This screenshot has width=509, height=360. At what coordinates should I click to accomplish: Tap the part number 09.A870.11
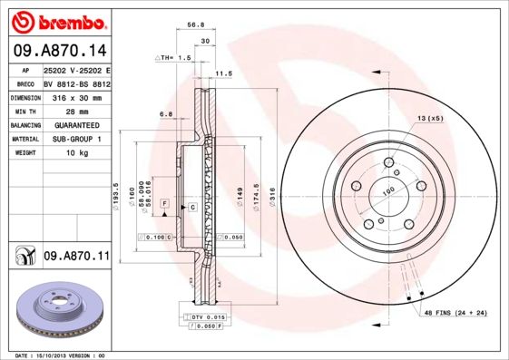click(x=76, y=258)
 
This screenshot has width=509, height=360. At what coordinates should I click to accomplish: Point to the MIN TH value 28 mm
click(x=60, y=110)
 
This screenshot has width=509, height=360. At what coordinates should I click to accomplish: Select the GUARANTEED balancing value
click(x=71, y=124)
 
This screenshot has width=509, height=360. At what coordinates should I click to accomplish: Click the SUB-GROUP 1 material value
click(x=73, y=139)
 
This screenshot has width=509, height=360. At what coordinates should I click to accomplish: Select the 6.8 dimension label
click(x=166, y=113)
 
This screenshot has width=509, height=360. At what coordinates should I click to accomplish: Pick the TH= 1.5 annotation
click(x=175, y=56)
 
